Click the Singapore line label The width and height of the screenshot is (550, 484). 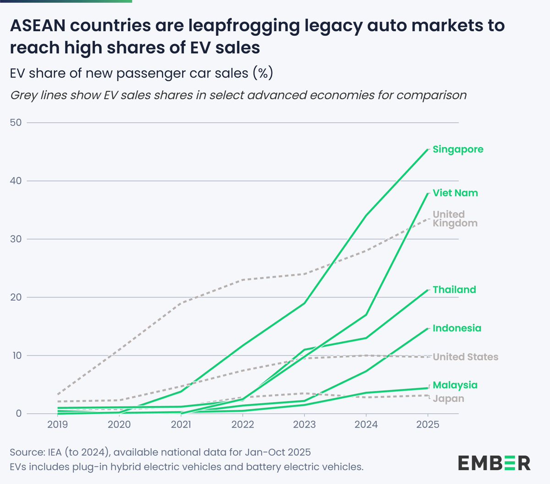click(x=457, y=150)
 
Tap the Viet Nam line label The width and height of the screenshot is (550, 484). click(x=455, y=193)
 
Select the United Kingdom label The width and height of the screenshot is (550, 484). click(x=455, y=219)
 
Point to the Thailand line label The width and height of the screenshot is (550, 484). click(x=454, y=289)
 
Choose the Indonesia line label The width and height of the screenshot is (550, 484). click(x=456, y=328)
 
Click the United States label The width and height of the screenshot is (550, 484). click(x=465, y=357)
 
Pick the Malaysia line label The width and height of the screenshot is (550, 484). click(x=455, y=385)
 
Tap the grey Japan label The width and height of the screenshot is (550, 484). click(x=448, y=399)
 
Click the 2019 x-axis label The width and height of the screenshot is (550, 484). click(x=58, y=424)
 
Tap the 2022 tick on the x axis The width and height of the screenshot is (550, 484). click(x=242, y=424)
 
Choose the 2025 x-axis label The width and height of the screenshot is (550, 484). click(x=427, y=424)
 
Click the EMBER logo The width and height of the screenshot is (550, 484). click(x=494, y=463)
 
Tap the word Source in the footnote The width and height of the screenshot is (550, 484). click(x=26, y=452)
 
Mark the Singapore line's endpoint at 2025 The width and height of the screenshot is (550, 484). click(x=428, y=150)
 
